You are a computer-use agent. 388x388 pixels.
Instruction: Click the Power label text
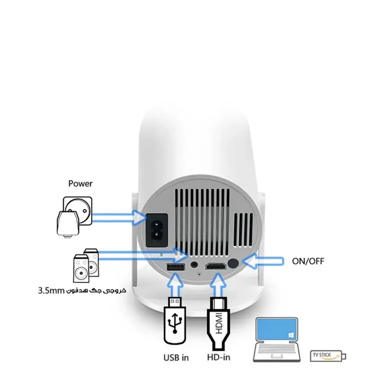[x=80, y=184]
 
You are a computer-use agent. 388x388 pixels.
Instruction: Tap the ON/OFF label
[x=308, y=261]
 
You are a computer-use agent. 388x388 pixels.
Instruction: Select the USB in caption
[x=176, y=357]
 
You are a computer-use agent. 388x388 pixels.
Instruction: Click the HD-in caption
[x=219, y=357]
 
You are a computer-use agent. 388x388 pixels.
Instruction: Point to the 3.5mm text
[x=51, y=291]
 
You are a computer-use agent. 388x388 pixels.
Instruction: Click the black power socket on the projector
[x=157, y=230]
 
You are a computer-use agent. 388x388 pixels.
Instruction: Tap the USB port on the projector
[x=176, y=268]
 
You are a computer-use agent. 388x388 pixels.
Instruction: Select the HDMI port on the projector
[x=215, y=266]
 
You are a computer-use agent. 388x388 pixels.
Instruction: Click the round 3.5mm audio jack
[x=194, y=264]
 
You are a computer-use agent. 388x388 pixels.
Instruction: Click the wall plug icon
[x=74, y=216]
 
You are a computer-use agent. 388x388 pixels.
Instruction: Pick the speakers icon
[x=86, y=266]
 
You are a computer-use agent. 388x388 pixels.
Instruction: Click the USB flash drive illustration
[x=175, y=321]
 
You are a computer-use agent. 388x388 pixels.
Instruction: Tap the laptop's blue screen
[x=276, y=329]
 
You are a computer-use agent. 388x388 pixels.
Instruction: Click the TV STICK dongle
[x=328, y=356]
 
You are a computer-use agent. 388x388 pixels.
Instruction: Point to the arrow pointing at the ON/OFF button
[x=263, y=261]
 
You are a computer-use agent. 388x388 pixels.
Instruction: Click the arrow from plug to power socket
[x=119, y=218]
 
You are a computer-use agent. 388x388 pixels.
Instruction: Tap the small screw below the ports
[x=199, y=274]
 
